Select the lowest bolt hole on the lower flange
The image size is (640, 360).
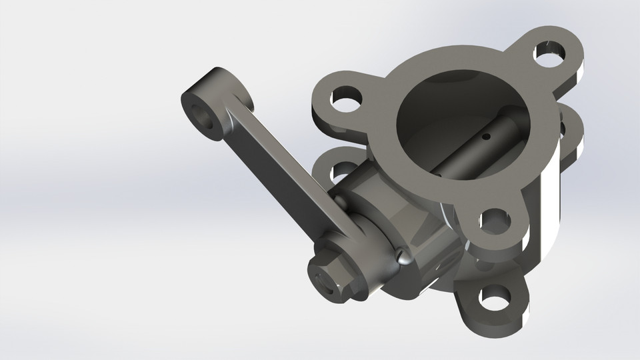click(494, 299)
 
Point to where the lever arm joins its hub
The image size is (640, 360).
click(347, 230)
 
